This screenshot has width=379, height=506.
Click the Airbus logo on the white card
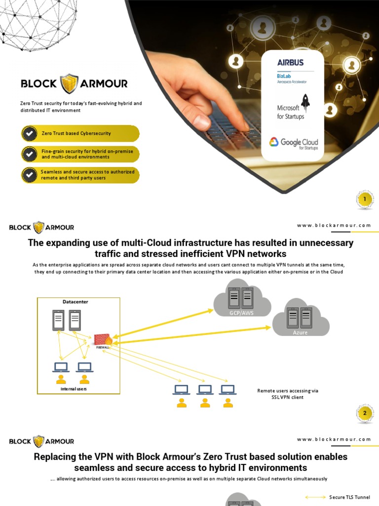[x=290, y=63]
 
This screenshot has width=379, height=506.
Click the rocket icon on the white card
[x=305, y=101]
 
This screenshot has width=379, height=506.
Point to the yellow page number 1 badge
[x=364, y=200]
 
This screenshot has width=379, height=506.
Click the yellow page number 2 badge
[x=364, y=413]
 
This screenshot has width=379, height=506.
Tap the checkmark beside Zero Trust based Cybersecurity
[x=30, y=133]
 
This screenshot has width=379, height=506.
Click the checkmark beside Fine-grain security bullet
[x=30, y=154]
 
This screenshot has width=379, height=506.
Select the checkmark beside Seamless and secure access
[x=30, y=175]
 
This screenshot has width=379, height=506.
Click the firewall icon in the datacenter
[x=103, y=340]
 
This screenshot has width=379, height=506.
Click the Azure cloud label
[x=300, y=333]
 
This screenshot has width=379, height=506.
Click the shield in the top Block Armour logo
[x=69, y=84]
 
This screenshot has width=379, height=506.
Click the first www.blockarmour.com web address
[x=334, y=225]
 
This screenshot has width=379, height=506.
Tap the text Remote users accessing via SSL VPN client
[x=288, y=394]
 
